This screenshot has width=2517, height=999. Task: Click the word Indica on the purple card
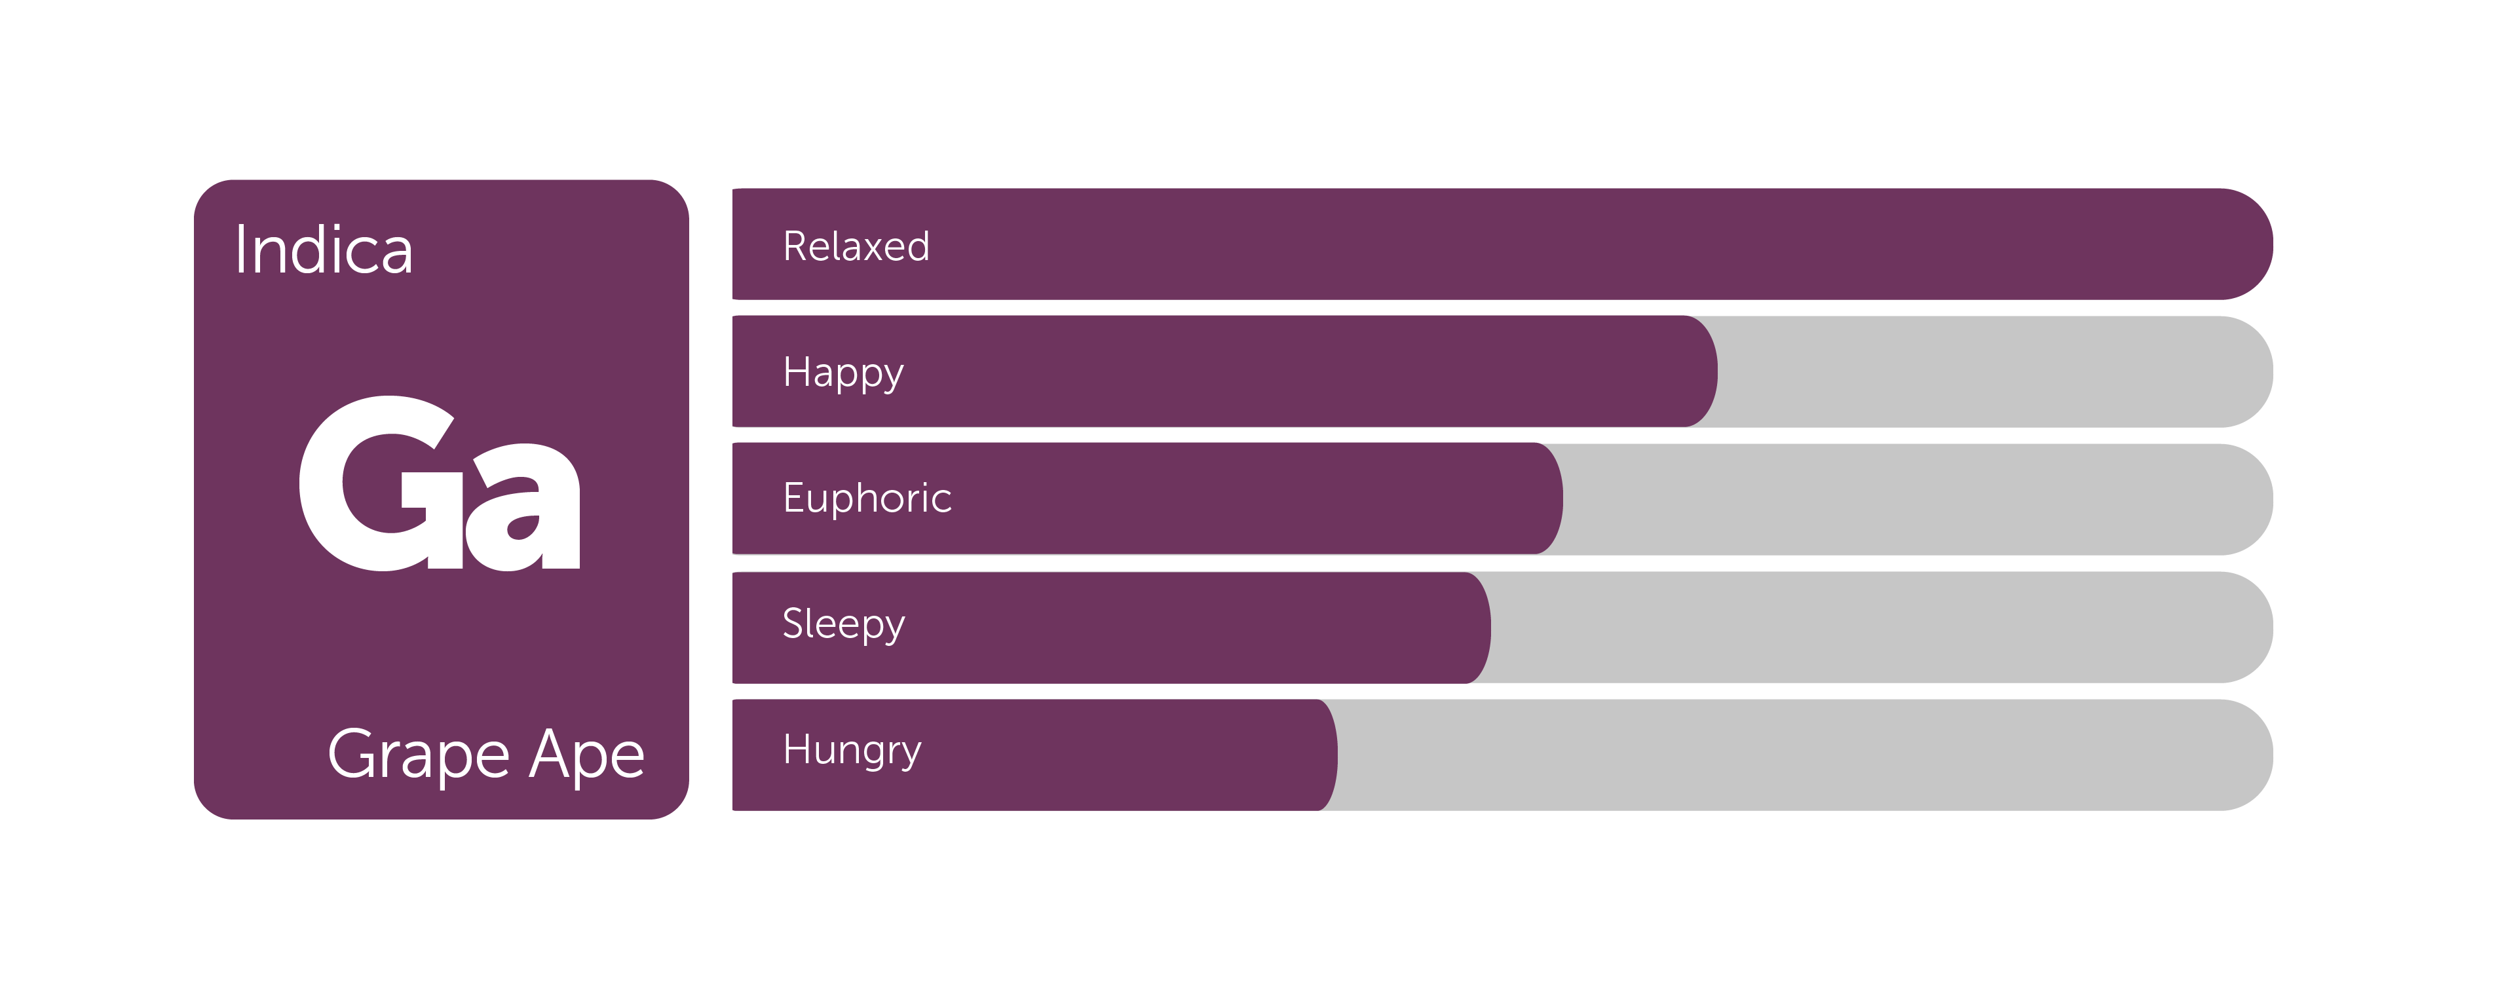point(324,250)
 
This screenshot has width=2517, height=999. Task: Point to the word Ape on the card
point(586,755)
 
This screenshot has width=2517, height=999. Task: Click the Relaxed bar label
point(856,246)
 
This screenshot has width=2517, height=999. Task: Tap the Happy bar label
point(843,373)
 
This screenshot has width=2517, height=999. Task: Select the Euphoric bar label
point(867,498)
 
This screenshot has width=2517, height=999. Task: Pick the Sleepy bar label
point(843,624)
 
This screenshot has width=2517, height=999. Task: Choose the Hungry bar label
point(852,751)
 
